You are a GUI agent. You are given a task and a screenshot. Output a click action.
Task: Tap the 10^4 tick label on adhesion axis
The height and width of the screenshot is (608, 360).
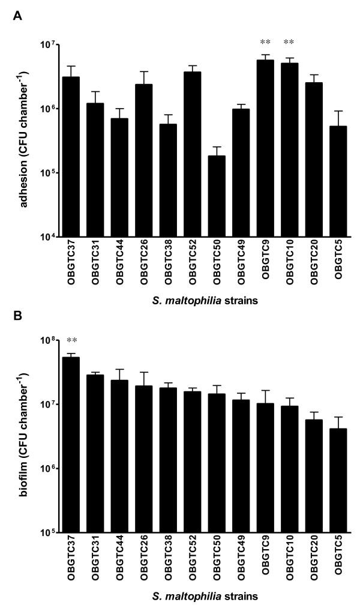point(47,237)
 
